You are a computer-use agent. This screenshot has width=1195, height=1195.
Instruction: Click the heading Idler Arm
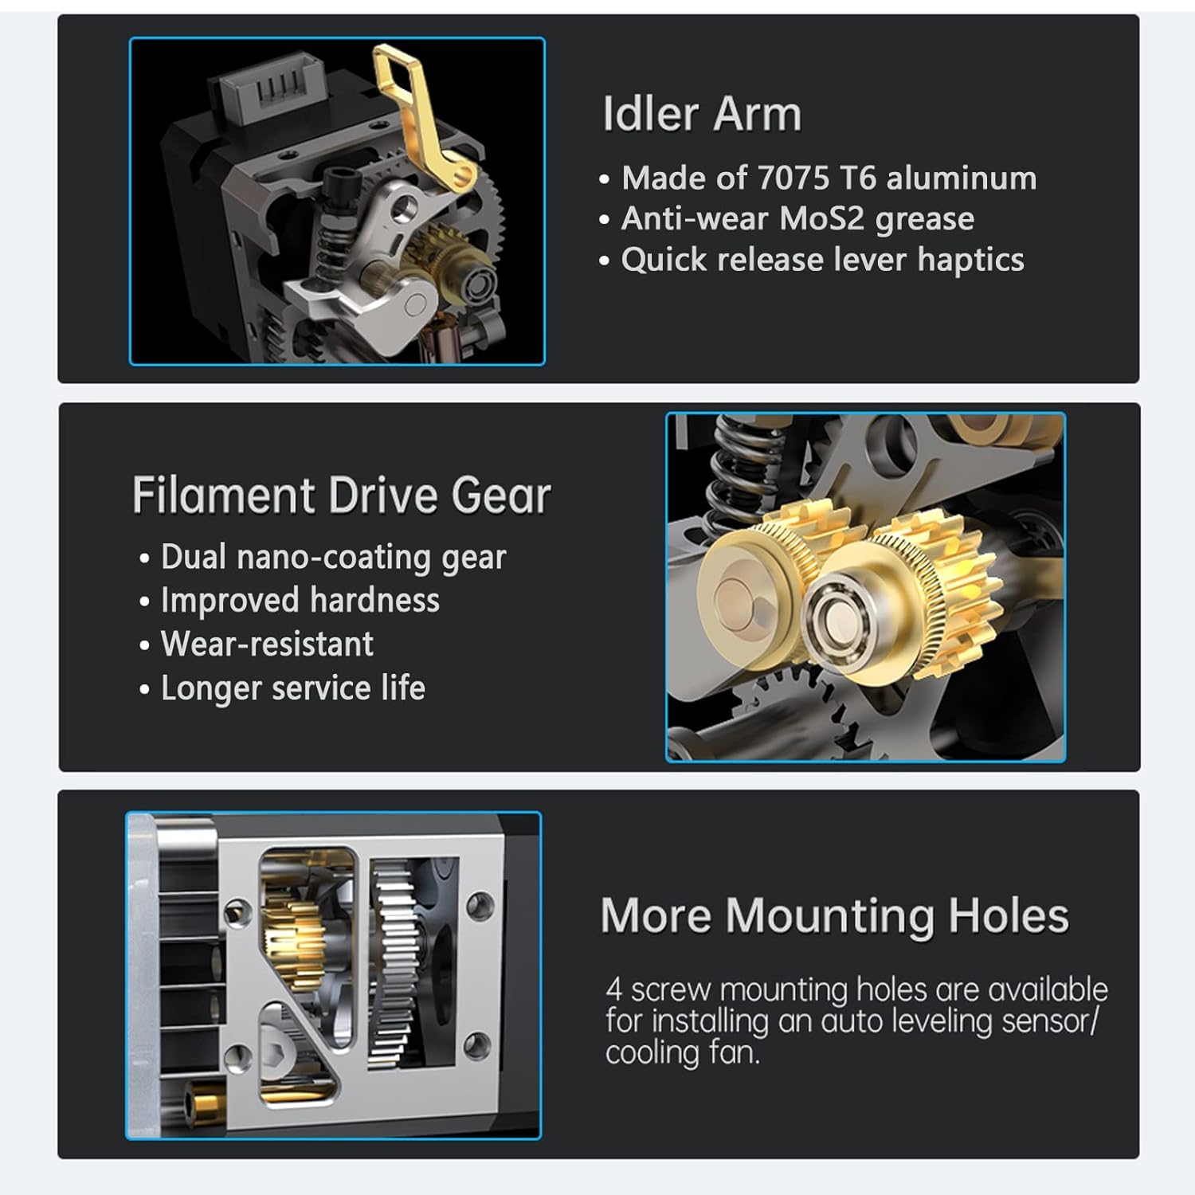[x=701, y=114]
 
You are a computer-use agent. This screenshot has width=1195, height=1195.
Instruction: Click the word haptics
[x=970, y=261]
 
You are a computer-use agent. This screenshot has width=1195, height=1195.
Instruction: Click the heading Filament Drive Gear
[x=341, y=496]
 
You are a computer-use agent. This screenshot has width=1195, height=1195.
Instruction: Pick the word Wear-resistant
[x=267, y=645]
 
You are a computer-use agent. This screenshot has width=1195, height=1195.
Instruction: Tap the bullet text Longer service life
[x=292, y=688]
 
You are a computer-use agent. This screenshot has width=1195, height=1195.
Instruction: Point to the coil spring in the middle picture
[x=737, y=470]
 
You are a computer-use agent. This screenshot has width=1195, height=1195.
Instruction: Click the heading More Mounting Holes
[x=834, y=916]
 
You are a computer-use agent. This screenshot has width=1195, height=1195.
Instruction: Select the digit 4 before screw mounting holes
[x=613, y=990]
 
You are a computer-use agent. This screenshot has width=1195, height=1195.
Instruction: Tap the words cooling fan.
[x=682, y=1053]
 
